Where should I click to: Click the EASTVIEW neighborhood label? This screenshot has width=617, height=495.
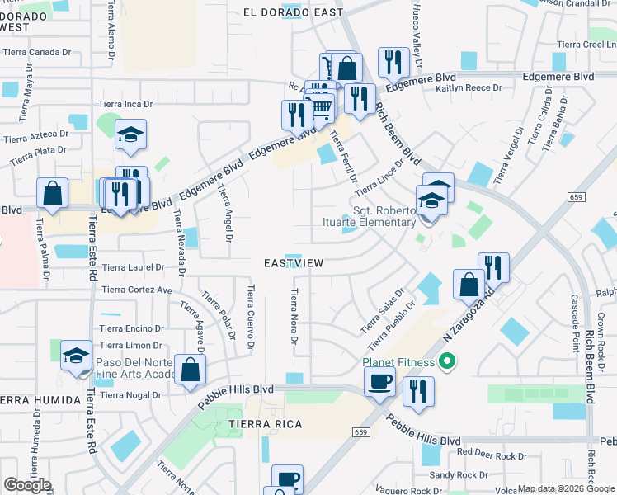click(x=293, y=262)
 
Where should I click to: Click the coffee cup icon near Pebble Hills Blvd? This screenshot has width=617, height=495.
click(x=379, y=383)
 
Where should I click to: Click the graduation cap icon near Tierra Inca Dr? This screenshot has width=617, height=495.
click(x=130, y=134)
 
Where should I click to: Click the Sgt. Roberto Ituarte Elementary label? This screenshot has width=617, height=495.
click(x=384, y=216)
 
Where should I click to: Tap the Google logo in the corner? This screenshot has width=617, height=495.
click(x=27, y=485)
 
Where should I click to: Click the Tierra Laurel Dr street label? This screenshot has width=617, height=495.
click(x=133, y=267)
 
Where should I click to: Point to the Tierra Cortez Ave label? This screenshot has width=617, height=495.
click(x=136, y=290)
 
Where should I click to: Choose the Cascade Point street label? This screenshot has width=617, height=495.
click(x=574, y=318)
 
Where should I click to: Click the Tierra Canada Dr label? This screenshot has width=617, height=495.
click(x=37, y=52)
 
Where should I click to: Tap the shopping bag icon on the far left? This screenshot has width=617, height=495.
click(x=52, y=194)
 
